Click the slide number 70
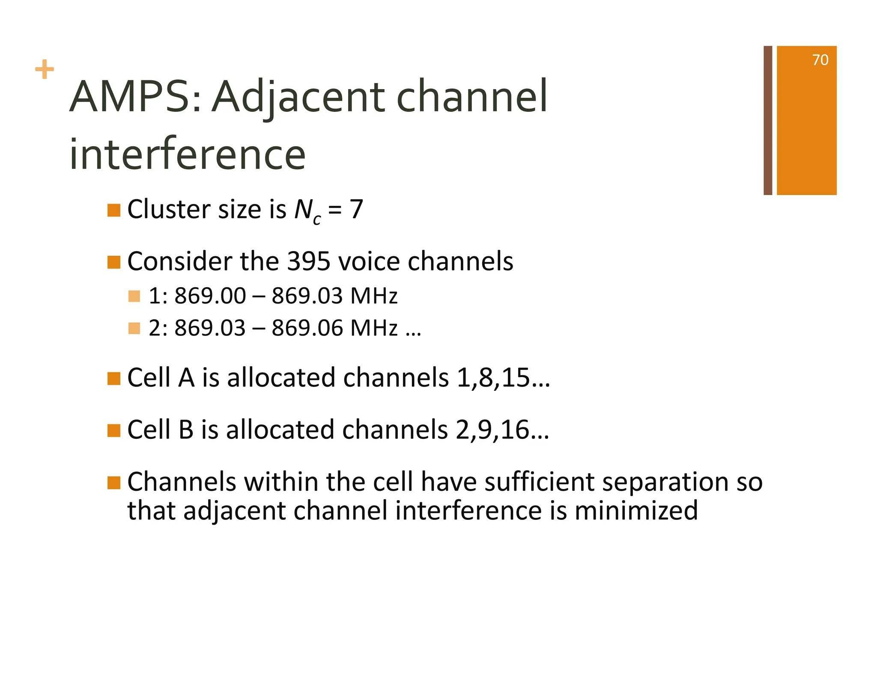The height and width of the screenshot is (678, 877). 820,60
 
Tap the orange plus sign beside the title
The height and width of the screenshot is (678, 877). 45,69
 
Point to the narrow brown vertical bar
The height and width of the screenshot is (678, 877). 767,120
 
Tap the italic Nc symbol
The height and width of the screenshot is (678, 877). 307,211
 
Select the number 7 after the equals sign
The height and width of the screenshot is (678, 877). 356,210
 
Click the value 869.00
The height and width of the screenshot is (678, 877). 210,296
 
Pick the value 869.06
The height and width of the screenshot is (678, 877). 307,328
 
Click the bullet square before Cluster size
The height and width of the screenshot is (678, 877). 113,210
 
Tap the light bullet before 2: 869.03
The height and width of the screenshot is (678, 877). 134,328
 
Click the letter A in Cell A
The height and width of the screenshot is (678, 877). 186,378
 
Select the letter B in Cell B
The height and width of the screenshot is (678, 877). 186,429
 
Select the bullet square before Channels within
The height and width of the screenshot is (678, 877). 113,483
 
